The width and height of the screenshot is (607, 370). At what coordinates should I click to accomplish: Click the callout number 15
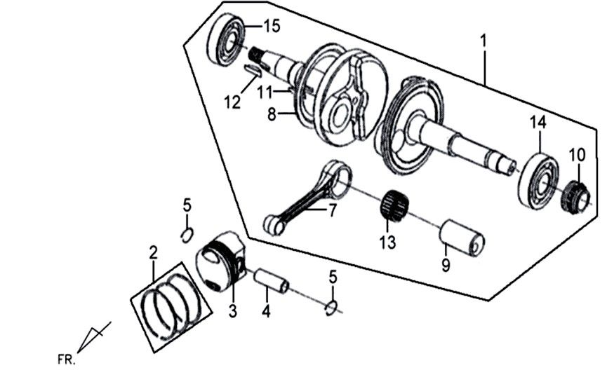[271, 27]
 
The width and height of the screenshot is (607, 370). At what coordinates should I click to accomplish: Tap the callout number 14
[538, 122]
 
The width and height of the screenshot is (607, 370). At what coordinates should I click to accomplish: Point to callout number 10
[576, 154]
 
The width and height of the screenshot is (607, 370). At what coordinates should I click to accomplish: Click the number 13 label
[387, 243]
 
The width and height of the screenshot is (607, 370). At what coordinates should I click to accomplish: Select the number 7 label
[331, 209]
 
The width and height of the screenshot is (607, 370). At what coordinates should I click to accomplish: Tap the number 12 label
[232, 102]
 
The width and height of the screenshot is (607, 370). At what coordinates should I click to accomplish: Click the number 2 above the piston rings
[152, 252]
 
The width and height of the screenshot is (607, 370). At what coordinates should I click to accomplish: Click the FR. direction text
[65, 359]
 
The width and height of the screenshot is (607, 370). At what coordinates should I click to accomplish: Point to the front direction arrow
[93, 338]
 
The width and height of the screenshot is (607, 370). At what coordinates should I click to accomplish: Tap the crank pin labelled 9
[462, 238]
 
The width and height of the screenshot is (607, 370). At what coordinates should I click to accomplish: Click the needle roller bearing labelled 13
[393, 205]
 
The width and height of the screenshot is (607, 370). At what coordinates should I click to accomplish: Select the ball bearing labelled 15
[226, 41]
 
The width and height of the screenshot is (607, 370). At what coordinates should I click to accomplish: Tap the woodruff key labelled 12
[253, 69]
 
